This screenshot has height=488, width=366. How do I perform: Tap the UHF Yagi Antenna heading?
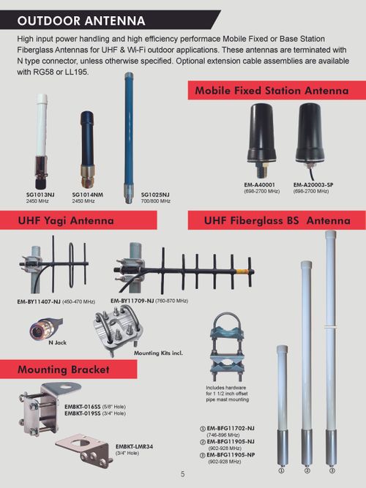point(67,220)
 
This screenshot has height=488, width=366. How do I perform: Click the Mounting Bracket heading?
point(63,369)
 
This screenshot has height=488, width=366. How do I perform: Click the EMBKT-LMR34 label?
point(134,446)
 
